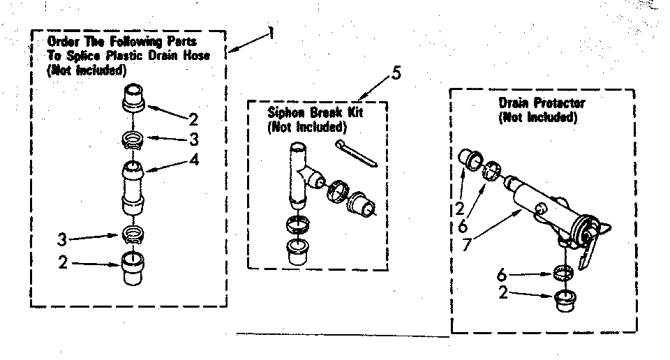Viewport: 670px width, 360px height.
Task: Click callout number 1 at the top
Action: pyautogui.click(x=270, y=33)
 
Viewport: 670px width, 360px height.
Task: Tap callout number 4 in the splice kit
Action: pyautogui.click(x=194, y=160)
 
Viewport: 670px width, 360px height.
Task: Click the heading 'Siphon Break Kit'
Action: pyautogui.click(x=306, y=112)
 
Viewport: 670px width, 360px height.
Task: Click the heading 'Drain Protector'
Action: pyautogui.click(x=542, y=103)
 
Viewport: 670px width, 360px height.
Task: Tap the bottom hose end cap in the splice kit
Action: pyautogui.click(x=132, y=268)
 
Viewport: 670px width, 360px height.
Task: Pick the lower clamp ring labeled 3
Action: pyautogui.click(x=131, y=234)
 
